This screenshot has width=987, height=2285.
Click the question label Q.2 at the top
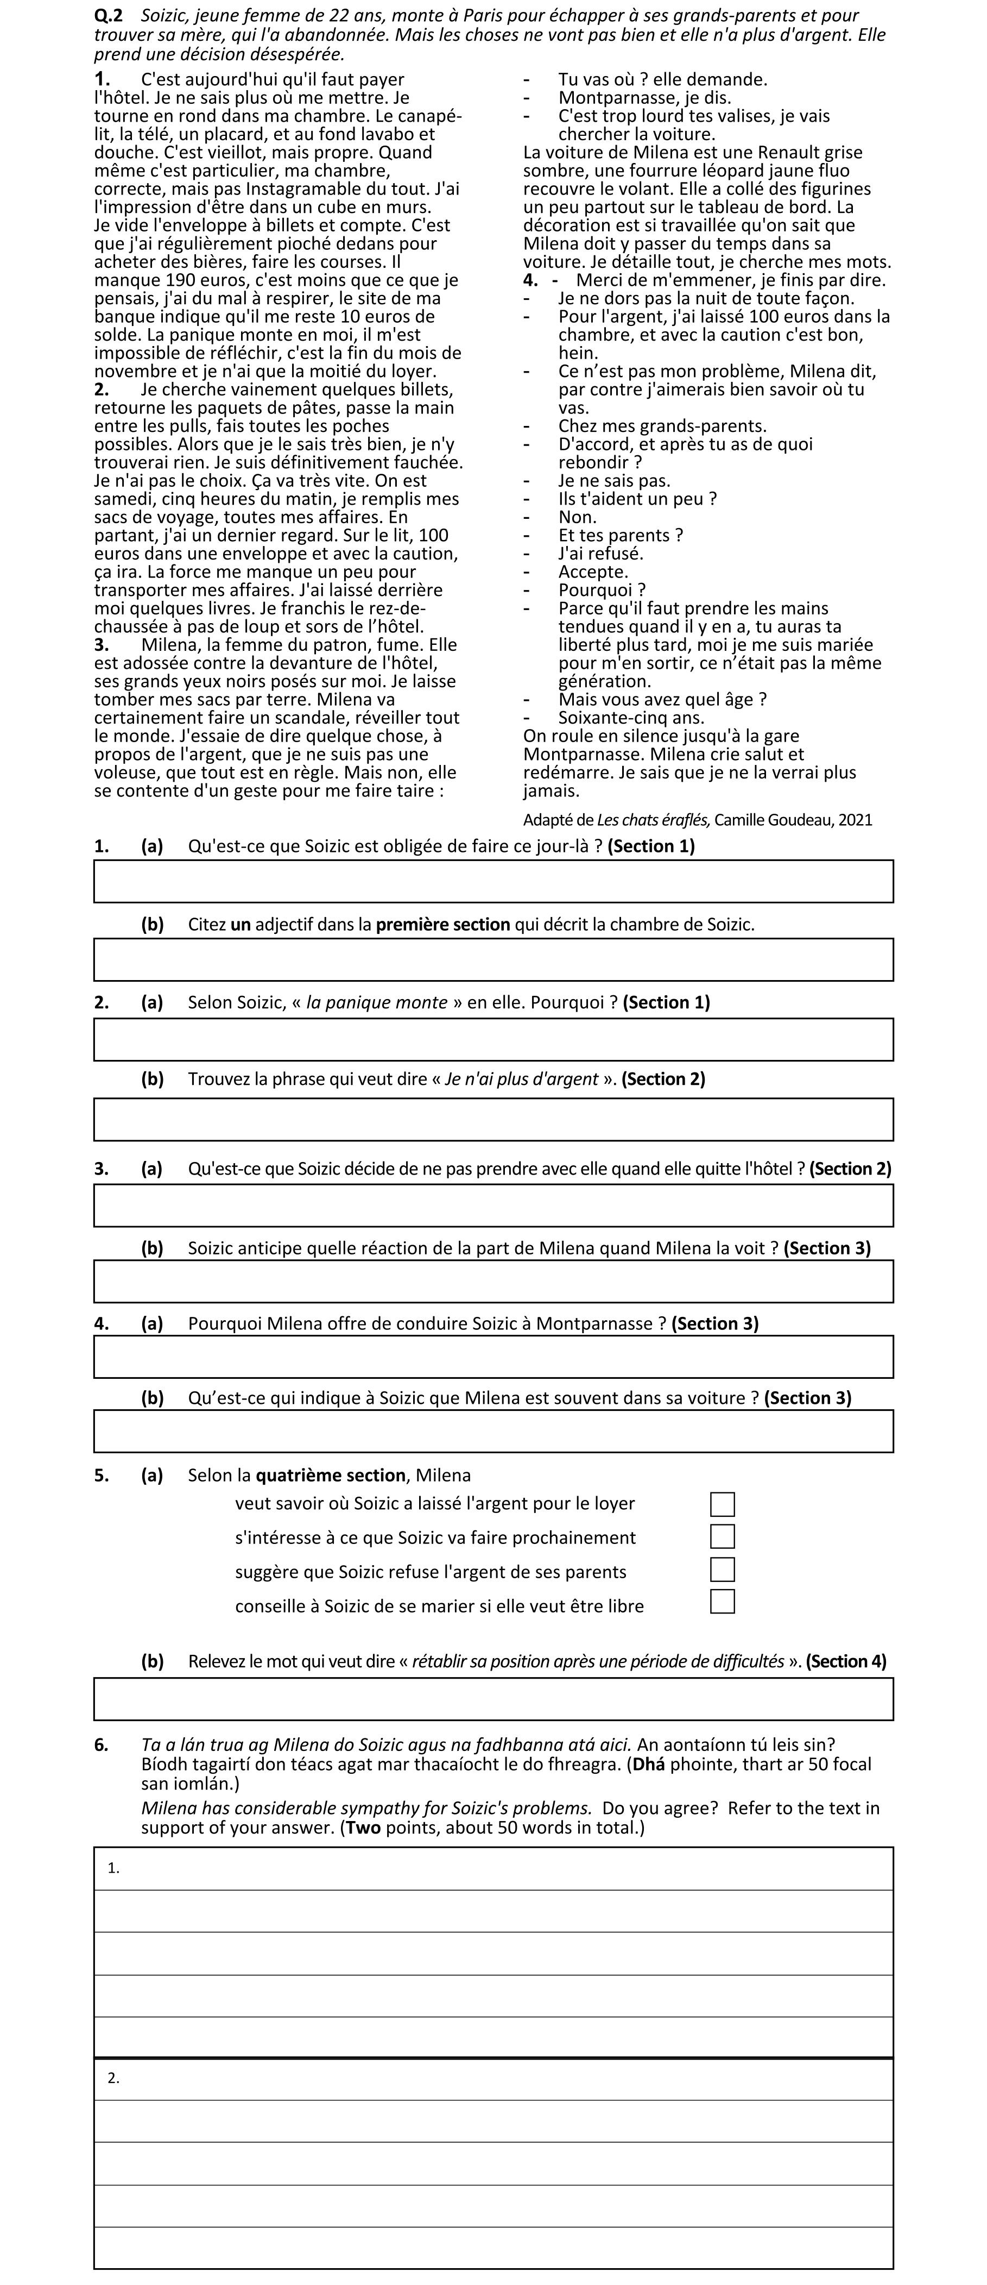[108, 16]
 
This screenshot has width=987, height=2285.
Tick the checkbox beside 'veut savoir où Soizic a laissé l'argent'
[722, 1504]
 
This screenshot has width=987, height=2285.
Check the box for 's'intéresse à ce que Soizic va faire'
[722, 1536]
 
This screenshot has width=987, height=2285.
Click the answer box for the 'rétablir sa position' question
[493, 1699]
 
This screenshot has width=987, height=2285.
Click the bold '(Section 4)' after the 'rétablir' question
[845, 1661]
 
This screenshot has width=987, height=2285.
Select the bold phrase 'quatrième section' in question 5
[331, 1475]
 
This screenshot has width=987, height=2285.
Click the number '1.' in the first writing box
[113, 1867]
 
